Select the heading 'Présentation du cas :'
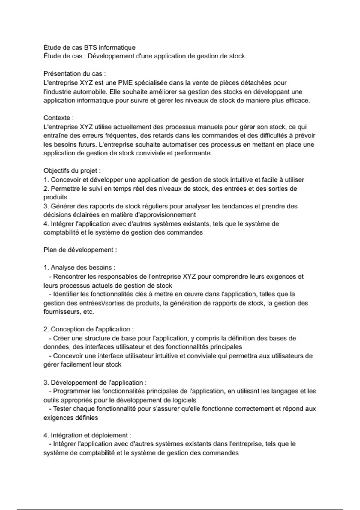(75, 74)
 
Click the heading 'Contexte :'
(59, 118)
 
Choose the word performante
(195, 153)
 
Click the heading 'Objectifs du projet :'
(72, 171)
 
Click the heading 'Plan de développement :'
(80, 250)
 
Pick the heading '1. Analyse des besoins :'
(79, 268)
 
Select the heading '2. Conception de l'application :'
(89, 329)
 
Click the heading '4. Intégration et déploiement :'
(87, 435)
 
